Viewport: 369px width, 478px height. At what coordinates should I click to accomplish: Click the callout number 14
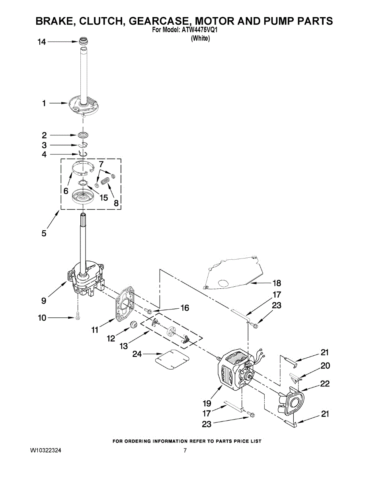coord(42,41)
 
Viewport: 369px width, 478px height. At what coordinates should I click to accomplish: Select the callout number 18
coord(277,283)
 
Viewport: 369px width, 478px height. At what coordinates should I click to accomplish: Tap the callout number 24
coord(137,353)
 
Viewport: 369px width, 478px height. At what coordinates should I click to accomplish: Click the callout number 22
coord(325,384)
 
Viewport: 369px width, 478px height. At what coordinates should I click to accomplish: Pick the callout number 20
coord(325,366)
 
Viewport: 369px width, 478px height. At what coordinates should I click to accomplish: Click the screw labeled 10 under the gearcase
coord(78,317)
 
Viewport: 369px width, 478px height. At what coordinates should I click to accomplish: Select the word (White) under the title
coord(200,38)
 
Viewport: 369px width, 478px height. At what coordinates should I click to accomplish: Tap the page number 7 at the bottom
coord(185,451)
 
